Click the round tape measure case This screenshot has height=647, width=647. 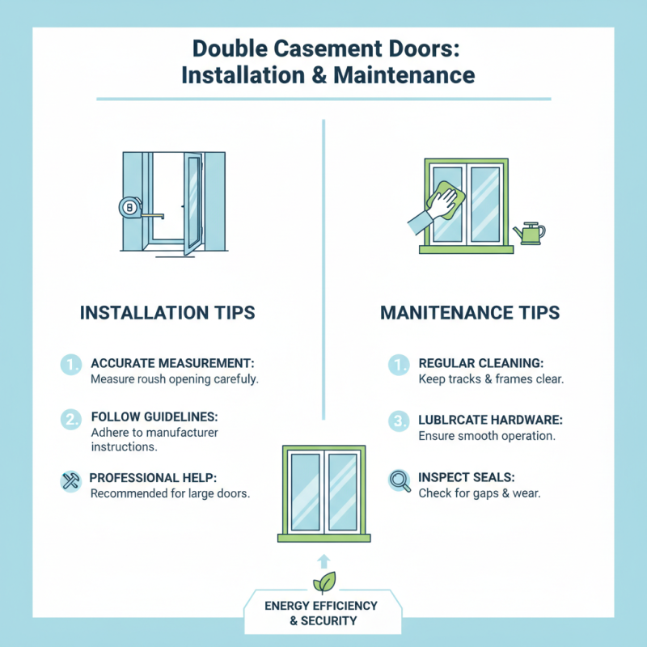130,209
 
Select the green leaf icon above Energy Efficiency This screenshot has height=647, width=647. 323,582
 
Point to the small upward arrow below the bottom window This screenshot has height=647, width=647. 323,560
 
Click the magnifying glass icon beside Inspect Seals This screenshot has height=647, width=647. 399,481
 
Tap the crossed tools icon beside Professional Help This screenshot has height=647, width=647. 70,481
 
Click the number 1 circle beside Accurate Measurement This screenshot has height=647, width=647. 71,366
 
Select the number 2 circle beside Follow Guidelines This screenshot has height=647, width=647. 71,420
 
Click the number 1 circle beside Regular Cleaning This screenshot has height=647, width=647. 399,366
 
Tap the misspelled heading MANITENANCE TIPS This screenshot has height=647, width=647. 470,312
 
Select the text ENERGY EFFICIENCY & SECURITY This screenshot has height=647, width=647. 323,613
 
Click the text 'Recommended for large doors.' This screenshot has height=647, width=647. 169,493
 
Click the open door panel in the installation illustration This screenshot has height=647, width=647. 192,204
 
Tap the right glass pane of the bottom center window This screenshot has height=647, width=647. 342,491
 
